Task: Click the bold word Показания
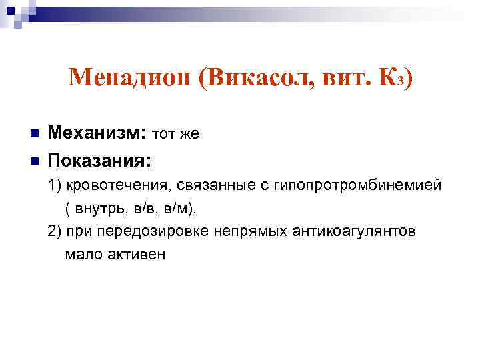click(x=99, y=161)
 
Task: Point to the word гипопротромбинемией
click(x=357, y=185)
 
